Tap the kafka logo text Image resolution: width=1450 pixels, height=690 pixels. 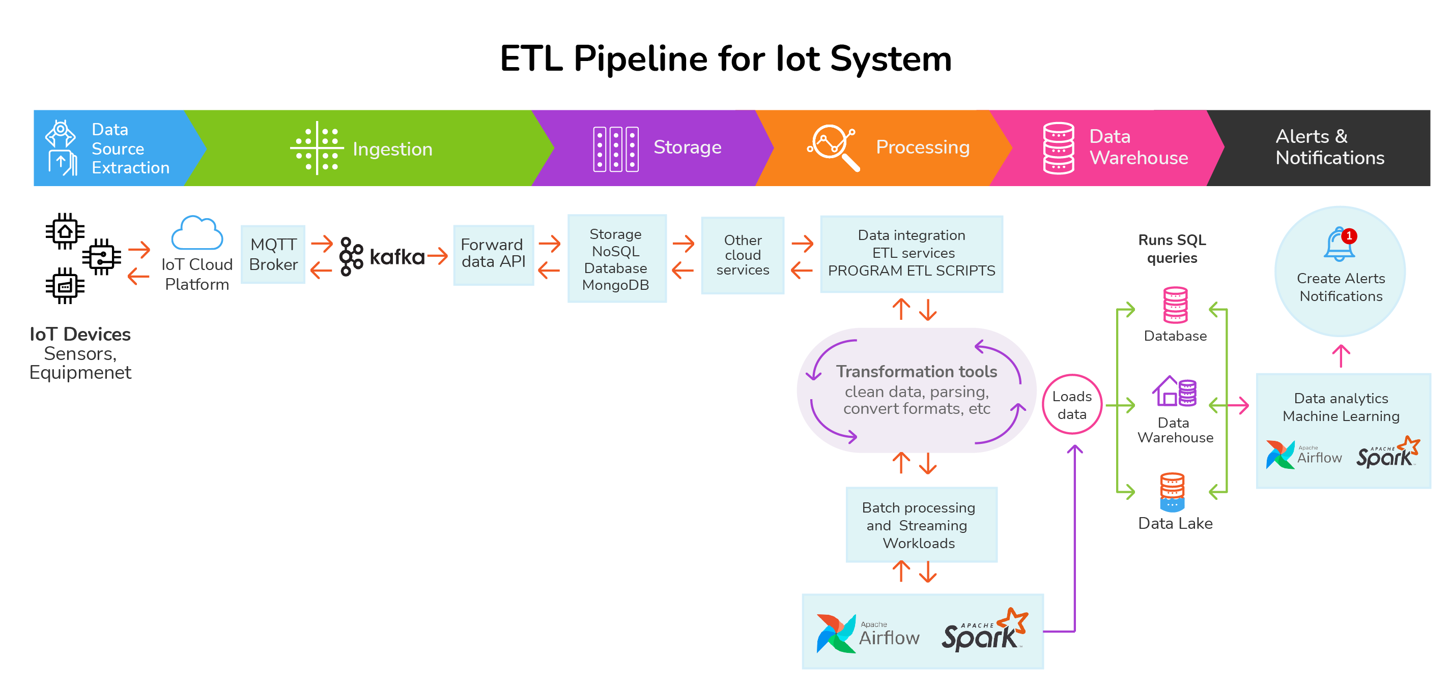click(397, 257)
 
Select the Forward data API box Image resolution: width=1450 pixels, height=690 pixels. click(493, 254)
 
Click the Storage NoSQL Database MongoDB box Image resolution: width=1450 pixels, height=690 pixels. click(616, 259)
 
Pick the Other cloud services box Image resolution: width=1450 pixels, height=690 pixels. click(742, 255)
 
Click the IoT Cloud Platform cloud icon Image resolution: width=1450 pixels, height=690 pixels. click(197, 233)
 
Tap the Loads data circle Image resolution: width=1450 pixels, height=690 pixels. click(1072, 404)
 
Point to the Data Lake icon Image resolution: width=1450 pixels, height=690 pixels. click(1172, 492)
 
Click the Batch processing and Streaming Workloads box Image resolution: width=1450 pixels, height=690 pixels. click(921, 525)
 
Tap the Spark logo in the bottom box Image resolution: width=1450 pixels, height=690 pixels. click(984, 631)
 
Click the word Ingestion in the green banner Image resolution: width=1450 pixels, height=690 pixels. click(392, 149)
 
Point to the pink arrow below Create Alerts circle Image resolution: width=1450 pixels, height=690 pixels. click(1341, 356)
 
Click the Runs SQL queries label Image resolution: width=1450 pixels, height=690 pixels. click(1172, 249)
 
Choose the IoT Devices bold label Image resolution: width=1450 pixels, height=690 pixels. click(80, 334)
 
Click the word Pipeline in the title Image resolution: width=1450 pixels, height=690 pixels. click(641, 59)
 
